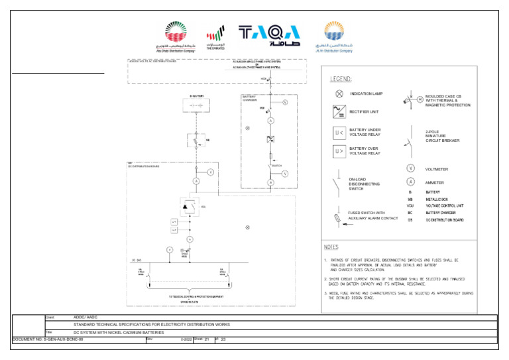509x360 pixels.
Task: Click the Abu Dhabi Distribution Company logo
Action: click(x=176, y=36)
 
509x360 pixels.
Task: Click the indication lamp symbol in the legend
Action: click(x=339, y=94)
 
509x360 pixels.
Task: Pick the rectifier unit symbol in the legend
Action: click(x=339, y=111)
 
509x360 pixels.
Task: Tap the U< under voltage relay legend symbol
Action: click(x=339, y=133)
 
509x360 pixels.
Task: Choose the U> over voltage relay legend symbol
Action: click(x=339, y=150)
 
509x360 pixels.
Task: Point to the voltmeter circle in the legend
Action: click(x=411, y=169)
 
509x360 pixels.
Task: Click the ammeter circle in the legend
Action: click(x=411, y=182)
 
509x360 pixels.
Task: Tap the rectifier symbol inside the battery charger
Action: click(x=270, y=140)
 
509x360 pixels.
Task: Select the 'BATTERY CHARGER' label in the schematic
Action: click(x=250, y=98)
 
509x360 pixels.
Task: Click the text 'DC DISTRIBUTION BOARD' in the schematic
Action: click(x=144, y=166)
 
